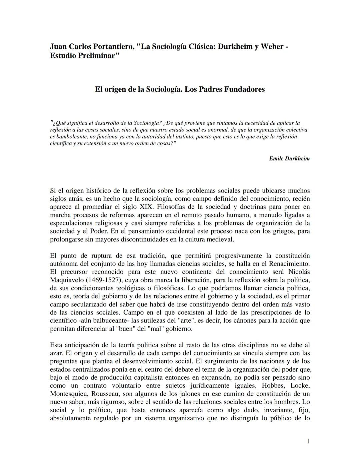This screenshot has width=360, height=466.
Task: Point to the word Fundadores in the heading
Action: point(244,89)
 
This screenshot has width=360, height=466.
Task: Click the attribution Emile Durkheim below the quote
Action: point(289,158)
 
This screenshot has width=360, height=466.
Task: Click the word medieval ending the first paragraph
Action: point(221,239)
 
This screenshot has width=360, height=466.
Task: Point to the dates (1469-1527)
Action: point(104,280)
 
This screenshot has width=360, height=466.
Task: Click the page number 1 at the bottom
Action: point(308,441)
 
